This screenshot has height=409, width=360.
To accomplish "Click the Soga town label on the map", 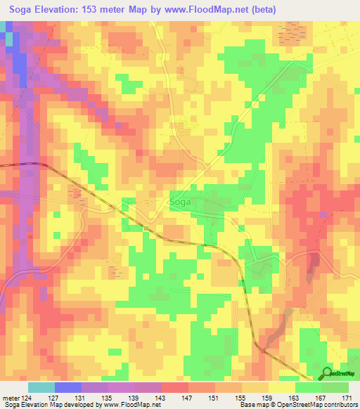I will click(x=181, y=203).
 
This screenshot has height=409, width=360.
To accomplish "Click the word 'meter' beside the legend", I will click(x=12, y=398).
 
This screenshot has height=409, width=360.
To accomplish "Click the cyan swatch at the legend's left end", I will click(x=41, y=387).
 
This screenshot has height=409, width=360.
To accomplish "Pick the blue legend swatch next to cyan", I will click(x=68, y=387).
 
